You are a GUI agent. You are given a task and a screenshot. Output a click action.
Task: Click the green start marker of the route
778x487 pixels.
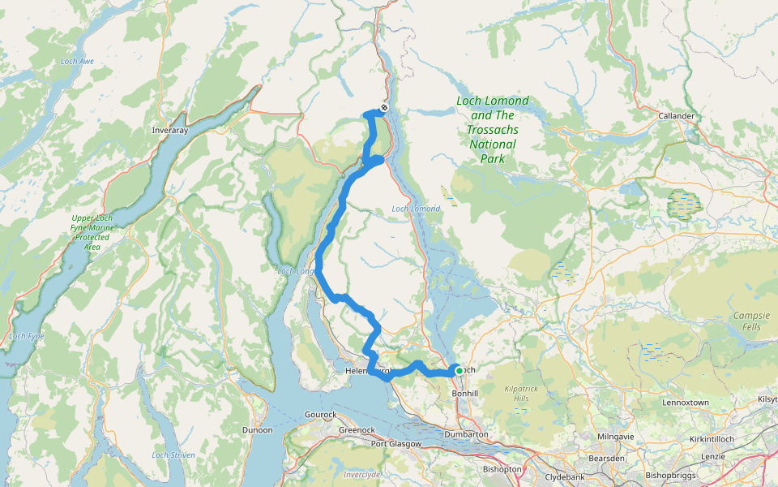(x=460, y=371)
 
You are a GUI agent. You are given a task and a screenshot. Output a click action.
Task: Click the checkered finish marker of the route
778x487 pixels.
(x=384, y=108)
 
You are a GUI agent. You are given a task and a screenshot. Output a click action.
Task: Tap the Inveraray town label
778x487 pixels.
(x=170, y=130)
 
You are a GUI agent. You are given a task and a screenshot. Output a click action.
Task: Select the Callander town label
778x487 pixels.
(x=677, y=116)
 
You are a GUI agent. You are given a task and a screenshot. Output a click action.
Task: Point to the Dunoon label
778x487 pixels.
(x=258, y=430)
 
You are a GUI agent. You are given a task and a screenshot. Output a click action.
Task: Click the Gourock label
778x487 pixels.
(x=320, y=415)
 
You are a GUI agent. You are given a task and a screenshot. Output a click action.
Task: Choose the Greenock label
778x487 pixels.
(x=357, y=430)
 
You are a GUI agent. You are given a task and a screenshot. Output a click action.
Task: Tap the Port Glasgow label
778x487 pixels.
(x=396, y=444)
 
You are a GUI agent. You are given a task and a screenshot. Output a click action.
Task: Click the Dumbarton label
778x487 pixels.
(x=466, y=435)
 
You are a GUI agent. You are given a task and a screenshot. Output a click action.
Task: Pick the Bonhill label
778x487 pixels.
(x=468, y=392)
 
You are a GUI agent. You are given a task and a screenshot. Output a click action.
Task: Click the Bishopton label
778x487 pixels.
(x=502, y=469)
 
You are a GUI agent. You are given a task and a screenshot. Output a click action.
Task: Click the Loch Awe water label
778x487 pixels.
(x=78, y=62)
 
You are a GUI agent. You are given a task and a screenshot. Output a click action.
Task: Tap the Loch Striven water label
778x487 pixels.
(x=173, y=455)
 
